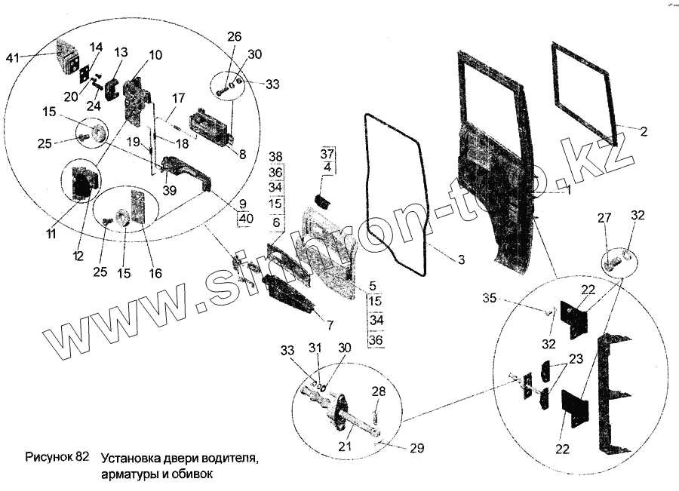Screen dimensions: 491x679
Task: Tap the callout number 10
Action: tap(155, 55)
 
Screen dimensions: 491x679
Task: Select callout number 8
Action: tap(241, 155)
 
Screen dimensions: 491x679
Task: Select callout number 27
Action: tap(604, 218)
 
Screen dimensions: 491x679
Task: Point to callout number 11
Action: tap(51, 235)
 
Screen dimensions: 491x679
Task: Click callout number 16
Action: tap(155, 273)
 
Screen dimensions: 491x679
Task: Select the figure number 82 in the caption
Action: tap(82, 458)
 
